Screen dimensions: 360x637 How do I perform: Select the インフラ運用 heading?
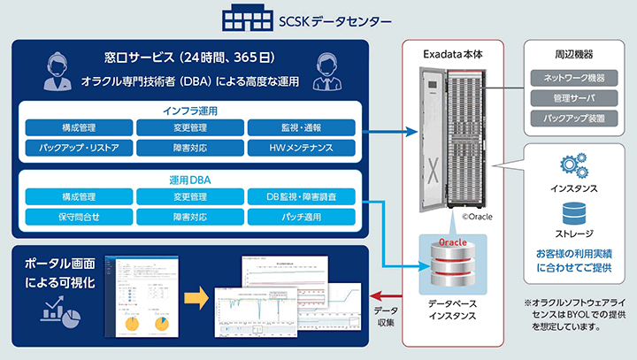(x=190, y=112)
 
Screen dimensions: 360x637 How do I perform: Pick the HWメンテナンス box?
(x=301, y=147)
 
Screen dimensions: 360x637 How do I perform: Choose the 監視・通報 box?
(x=301, y=127)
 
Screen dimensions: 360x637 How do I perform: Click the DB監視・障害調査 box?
(x=301, y=196)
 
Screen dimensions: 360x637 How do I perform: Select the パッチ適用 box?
(x=301, y=216)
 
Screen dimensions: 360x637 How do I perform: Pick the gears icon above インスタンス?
(x=572, y=168)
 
